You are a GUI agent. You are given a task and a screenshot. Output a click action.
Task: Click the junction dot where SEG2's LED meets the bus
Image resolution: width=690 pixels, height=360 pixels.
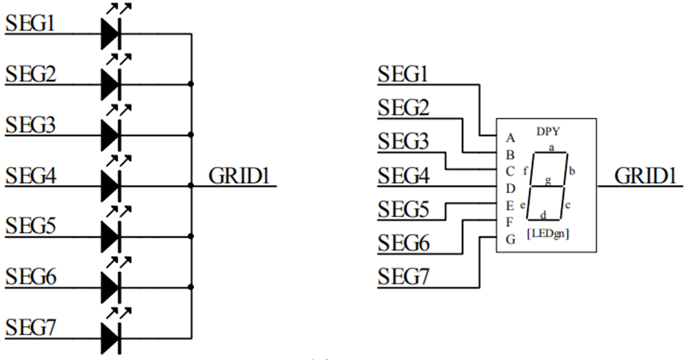pyautogui.click(x=191, y=84)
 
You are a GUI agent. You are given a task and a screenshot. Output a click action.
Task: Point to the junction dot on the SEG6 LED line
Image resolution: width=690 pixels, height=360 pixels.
pyautogui.click(x=191, y=287)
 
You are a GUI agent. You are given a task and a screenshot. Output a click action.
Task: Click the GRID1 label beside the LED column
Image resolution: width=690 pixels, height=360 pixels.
pyautogui.click(x=239, y=176)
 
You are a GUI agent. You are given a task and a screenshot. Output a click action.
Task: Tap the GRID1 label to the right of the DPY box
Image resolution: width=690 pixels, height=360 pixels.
pyautogui.click(x=645, y=176)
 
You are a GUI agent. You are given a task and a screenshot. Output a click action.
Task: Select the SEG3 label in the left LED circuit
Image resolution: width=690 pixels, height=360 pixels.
pyautogui.click(x=30, y=125)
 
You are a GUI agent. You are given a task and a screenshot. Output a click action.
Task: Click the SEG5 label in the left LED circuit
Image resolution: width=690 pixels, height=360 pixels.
pyautogui.click(x=30, y=226)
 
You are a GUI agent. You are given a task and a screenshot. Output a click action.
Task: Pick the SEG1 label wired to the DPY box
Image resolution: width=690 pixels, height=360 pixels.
pyautogui.click(x=403, y=74)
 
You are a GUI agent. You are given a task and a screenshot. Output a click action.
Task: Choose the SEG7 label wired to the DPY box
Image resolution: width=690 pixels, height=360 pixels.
pyautogui.click(x=403, y=277)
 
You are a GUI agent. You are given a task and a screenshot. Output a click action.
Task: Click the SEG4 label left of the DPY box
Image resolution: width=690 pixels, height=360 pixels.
pyautogui.click(x=404, y=176)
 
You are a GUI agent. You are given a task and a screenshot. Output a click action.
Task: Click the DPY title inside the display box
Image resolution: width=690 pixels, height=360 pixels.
pyautogui.click(x=548, y=131)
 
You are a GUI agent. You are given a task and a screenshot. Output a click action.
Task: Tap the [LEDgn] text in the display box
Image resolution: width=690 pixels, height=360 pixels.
pyautogui.click(x=548, y=233)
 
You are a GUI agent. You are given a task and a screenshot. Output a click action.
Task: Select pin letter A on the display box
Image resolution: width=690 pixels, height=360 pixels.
pyautogui.click(x=510, y=138)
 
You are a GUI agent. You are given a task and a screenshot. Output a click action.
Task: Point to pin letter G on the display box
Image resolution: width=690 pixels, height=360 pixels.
pyautogui.click(x=511, y=239)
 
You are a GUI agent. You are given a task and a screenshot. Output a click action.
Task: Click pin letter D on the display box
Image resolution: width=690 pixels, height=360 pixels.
pyautogui.click(x=511, y=189)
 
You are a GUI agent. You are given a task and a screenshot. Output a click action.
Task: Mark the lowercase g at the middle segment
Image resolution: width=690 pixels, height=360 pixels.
pyautogui.click(x=548, y=180)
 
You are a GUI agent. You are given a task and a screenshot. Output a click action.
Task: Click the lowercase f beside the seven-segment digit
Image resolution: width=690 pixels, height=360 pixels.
pyautogui.click(x=525, y=171)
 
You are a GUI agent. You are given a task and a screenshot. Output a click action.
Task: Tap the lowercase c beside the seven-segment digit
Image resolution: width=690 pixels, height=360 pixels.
pyautogui.click(x=568, y=205)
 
